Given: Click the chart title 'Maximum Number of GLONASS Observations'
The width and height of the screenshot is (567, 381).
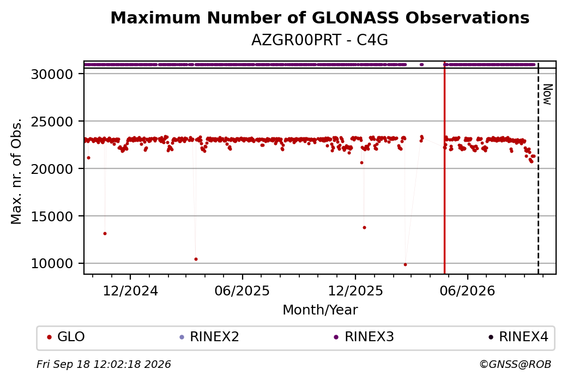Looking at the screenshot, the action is pos(319,17).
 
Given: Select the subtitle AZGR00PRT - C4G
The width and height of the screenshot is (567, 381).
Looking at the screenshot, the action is pos(319,40).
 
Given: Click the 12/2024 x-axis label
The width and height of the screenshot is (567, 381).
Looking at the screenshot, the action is pos(130,291).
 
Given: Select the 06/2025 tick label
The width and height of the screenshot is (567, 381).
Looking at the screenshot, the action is pos(242,291).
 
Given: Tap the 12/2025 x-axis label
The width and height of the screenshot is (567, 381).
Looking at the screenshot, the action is pos(355,291).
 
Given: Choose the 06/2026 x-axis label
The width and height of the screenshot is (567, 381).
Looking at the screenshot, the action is pos(467,291).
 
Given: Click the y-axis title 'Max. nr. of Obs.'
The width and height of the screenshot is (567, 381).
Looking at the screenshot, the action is pos(16,171).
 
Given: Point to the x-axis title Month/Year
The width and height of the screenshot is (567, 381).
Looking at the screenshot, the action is pos(320,310).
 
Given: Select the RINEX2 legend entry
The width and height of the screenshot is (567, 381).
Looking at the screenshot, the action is pos(209,337).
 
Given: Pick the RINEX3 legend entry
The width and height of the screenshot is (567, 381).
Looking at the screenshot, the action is pos(364,337).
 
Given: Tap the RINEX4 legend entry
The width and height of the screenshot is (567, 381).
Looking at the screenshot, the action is pos(518,337).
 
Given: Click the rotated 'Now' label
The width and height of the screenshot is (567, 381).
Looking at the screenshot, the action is pos(547,94).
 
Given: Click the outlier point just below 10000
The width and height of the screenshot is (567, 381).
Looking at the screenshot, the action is pos(406,264).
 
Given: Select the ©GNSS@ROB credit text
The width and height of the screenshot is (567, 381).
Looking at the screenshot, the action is pos(515,364).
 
